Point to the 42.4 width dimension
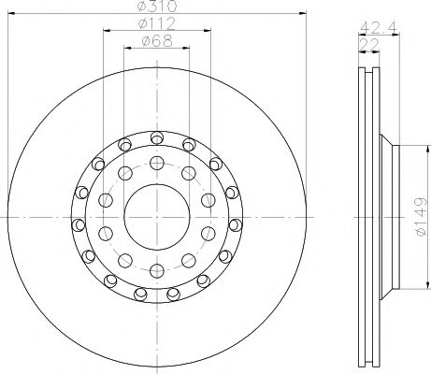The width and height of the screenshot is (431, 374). click(374, 26)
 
